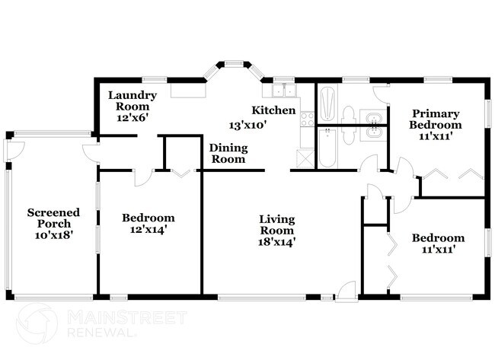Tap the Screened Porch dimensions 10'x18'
click(49, 236)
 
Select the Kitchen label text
click(274, 110)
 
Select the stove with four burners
click(308, 118)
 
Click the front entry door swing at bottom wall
click(346, 289)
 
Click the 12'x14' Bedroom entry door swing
click(142, 177)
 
